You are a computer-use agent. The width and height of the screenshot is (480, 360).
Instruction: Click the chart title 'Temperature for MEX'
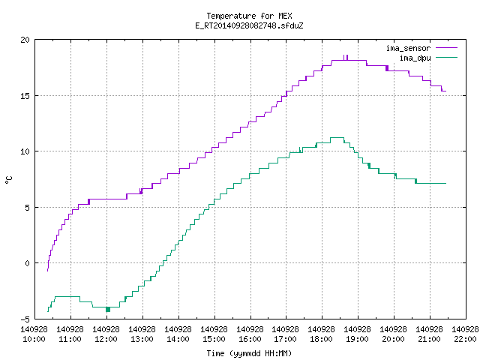pos(249,16)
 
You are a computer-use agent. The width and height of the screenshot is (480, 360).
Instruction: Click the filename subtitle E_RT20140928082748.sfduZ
pos(249,25)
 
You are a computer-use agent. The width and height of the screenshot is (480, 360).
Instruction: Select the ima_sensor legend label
pos(408,48)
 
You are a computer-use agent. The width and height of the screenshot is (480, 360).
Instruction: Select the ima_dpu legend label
pos(415,58)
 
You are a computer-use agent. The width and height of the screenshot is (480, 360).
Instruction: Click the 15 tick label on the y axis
pos(25,96)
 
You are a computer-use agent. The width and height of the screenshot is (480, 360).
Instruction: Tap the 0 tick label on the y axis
pos(28,263)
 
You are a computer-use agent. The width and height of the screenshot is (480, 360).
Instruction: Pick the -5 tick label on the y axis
pos(25,319)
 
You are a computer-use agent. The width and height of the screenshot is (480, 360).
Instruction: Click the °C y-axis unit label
pos(8,180)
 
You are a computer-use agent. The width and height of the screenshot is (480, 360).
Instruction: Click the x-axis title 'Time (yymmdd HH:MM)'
pos(249,353)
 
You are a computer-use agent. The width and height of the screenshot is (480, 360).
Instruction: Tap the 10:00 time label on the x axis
pos(34,339)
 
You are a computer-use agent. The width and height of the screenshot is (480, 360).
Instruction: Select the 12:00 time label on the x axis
pos(106,339)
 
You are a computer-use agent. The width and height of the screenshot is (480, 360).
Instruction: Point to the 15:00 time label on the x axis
pos(214,339)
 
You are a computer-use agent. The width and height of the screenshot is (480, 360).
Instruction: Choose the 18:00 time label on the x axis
pos(322,339)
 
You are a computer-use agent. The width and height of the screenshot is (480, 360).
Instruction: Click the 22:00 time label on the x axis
pos(465,339)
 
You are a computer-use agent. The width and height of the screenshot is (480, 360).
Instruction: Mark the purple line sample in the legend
pos(446,48)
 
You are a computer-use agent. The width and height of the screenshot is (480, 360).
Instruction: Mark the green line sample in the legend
pos(446,57)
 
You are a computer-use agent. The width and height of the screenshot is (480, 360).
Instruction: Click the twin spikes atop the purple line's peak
pos(346,58)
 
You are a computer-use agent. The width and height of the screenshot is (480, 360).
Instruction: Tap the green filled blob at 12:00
pos(108,309)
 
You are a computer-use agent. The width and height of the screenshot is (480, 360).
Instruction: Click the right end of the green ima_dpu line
pos(445,183)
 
